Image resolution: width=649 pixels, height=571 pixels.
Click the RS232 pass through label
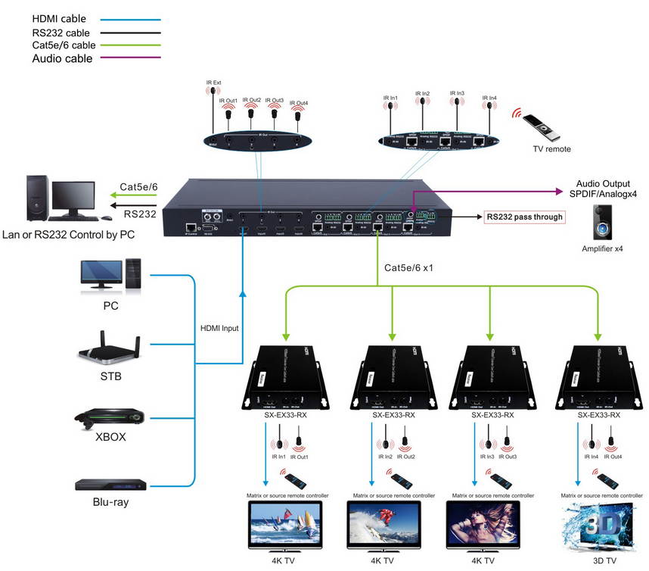(x=524, y=217)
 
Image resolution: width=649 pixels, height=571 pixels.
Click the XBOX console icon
(x=110, y=420)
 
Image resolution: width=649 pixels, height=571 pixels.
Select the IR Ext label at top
(x=211, y=82)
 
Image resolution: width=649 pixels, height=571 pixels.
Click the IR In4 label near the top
(x=489, y=98)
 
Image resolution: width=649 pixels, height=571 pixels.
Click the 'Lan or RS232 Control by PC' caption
(x=69, y=235)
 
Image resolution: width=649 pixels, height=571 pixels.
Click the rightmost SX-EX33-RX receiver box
(x=598, y=374)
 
